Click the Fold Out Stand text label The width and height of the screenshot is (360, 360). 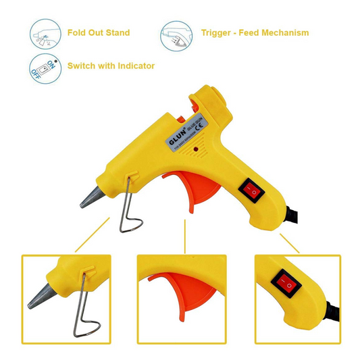99,32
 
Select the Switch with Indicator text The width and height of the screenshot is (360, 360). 111,66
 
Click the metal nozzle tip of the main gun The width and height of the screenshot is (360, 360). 91,198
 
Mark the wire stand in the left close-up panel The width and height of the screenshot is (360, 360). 86,311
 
